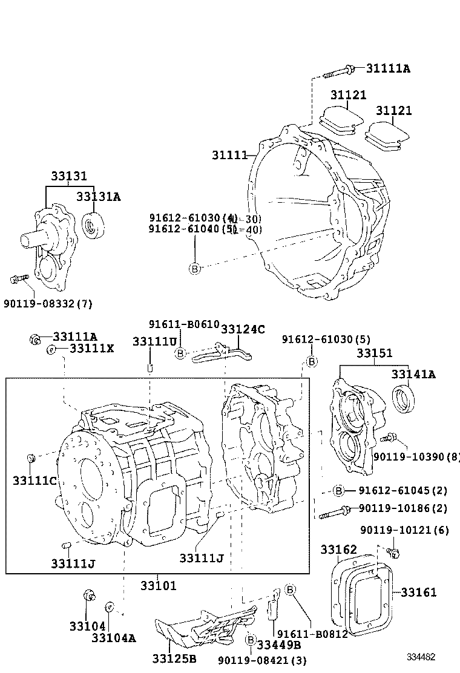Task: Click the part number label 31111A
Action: point(387,69)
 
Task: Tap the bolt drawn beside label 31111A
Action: point(339,71)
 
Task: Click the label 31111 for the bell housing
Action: point(229,156)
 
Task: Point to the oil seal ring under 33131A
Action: point(93,226)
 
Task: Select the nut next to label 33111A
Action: point(35,339)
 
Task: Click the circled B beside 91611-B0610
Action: point(180,353)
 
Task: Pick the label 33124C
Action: point(243,329)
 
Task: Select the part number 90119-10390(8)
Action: point(416,457)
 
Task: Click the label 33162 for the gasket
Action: point(338,550)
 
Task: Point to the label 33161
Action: point(418,593)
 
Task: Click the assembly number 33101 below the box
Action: point(159,585)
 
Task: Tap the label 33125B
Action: point(174,658)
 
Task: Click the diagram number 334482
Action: point(421,657)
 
